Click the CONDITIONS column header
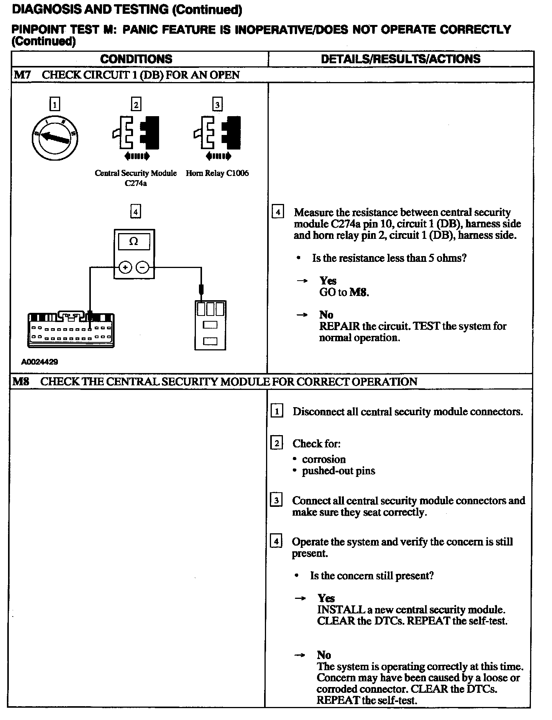[136, 59]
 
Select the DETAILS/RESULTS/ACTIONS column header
[401, 59]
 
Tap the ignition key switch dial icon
[55, 138]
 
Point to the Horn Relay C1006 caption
[217, 173]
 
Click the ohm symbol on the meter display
[133, 242]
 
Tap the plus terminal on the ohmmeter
[125, 267]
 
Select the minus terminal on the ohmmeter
[142, 267]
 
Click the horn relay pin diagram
[210, 325]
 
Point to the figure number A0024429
[40, 362]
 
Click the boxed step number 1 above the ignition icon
[55, 104]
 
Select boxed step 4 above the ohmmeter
[135, 212]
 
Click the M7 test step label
[22, 75]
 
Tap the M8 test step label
[21, 381]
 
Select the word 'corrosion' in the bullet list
[324, 459]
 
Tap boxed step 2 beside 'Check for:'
[276, 443]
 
